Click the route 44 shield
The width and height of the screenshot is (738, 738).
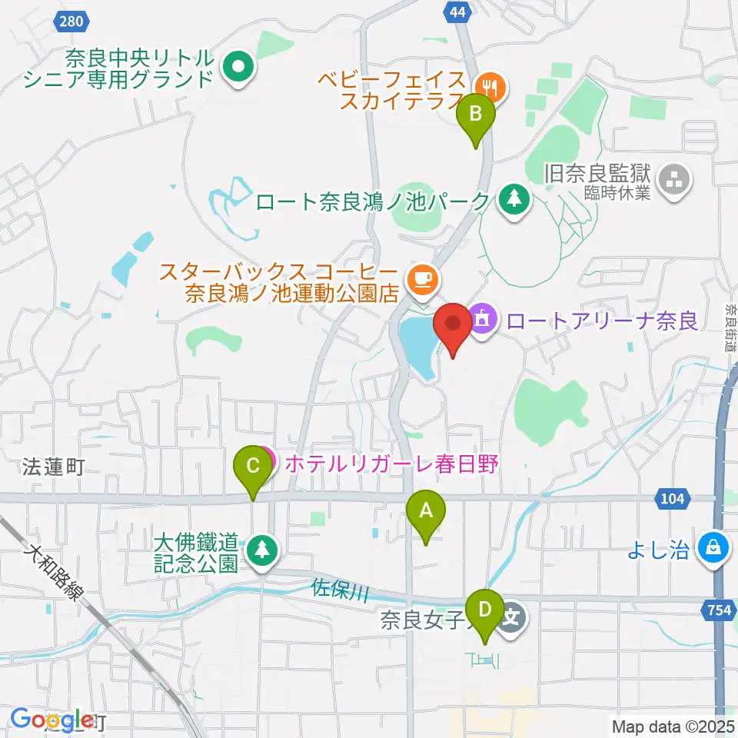pos(457,10)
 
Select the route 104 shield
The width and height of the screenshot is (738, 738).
pos(672,499)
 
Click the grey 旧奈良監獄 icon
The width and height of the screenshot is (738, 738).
pos(676,181)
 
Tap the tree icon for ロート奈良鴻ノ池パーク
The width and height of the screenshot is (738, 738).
pos(512,201)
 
